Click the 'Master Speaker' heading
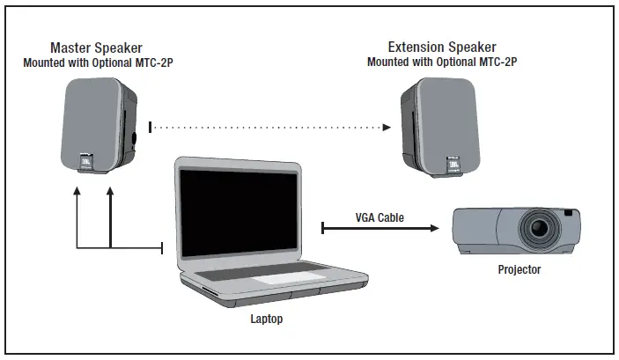[x=97, y=47]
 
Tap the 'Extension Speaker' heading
[x=442, y=47]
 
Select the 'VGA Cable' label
[x=380, y=217]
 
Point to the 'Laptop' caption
[x=265, y=319]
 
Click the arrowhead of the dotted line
[x=387, y=129]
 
